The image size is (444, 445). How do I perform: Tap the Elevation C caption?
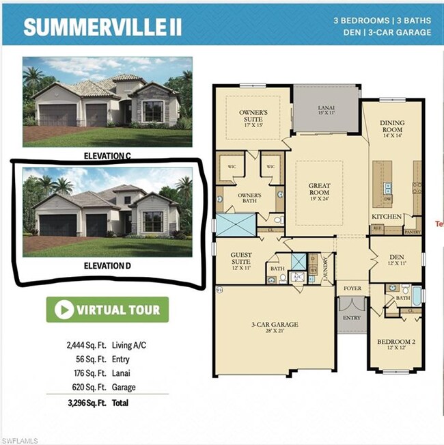107,156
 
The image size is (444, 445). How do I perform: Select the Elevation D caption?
107,266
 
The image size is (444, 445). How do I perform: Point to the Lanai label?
326,108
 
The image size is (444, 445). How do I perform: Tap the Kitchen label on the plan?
386,216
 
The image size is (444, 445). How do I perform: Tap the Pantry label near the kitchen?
413,232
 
